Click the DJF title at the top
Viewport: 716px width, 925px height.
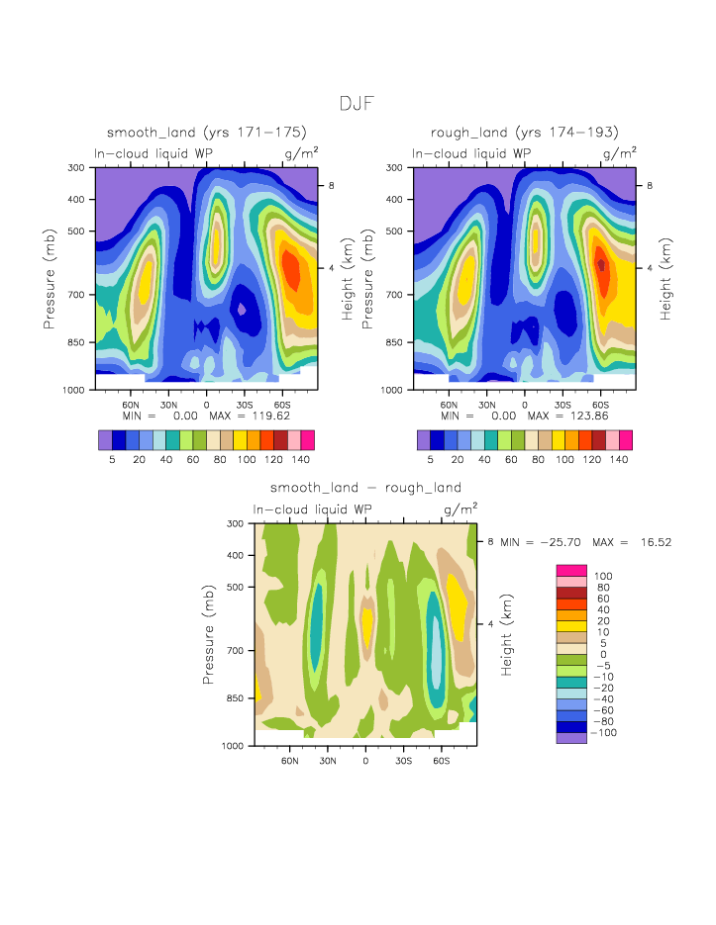[x=358, y=104]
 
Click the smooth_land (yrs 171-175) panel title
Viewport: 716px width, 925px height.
[x=207, y=133]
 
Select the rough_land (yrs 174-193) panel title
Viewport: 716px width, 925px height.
[x=525, y=133]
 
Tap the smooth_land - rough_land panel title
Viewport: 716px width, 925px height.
[x=365, y=488]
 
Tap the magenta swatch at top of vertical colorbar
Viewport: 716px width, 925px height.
[x=571, y=570]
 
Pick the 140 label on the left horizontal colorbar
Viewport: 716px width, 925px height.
[x=301, y=460]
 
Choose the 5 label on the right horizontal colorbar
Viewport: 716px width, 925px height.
[x=431, y=460]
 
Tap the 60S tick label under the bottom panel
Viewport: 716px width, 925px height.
[x=441, y=761]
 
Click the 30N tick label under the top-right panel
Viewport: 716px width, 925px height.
[x=486, y=405]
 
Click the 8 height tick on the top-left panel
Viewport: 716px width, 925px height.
[x=333, y=186]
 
